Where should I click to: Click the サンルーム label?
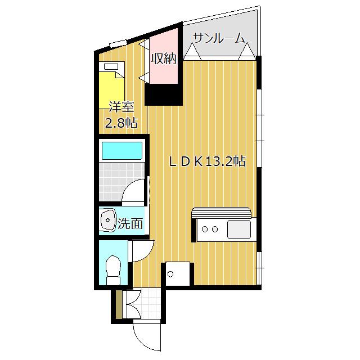219,38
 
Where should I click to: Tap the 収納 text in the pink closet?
164,58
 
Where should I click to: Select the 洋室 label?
120,106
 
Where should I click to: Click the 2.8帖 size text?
121,124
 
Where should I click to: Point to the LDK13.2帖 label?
208,161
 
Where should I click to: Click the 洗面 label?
130,223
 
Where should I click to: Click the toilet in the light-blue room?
113,269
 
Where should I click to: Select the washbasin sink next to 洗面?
107,220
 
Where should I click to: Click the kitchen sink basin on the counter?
238,229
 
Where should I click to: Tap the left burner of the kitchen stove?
205,229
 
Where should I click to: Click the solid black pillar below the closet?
164,94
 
